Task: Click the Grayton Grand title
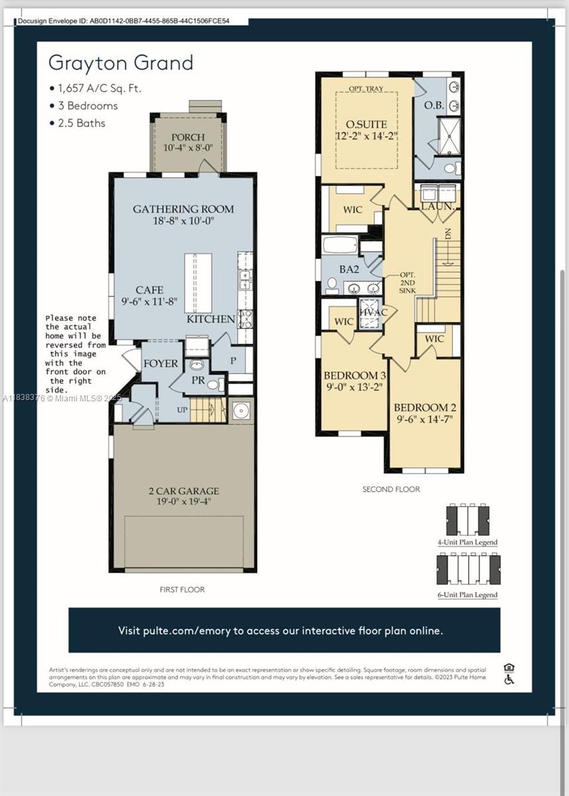tap(121, 63)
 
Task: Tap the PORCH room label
tap(188, 137)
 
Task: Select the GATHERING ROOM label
tap(183, 209)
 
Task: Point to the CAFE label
tap(149, 290)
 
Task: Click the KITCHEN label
tap(210, 319)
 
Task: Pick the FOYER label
tap(160, 364)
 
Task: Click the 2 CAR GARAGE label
tap(183, 492)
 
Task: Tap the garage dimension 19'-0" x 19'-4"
tap(183, 503)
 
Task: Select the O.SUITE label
tap(366, 124)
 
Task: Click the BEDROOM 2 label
tap(425, 407)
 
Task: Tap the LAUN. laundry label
tap(438, 207)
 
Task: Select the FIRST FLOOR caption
tap(182, 589)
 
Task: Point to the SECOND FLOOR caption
tap(391, 489)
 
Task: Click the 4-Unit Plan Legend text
tap(467, 542)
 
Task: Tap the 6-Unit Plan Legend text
tap(468, 594)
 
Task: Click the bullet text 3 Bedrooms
tap(88, 105)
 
